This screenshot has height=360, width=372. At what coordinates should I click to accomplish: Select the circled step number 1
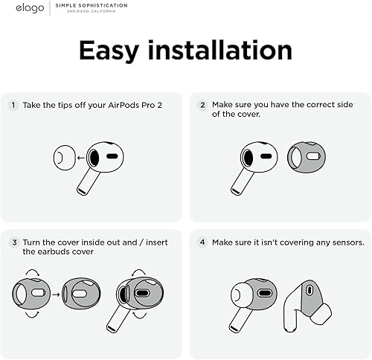click(x=13, y=106)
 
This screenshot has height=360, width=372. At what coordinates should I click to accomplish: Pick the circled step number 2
click(x=201, y=106)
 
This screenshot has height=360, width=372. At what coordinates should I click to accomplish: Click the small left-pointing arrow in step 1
click(x=80, y=158)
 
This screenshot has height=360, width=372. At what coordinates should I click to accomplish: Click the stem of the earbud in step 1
click(x=87, y=182)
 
